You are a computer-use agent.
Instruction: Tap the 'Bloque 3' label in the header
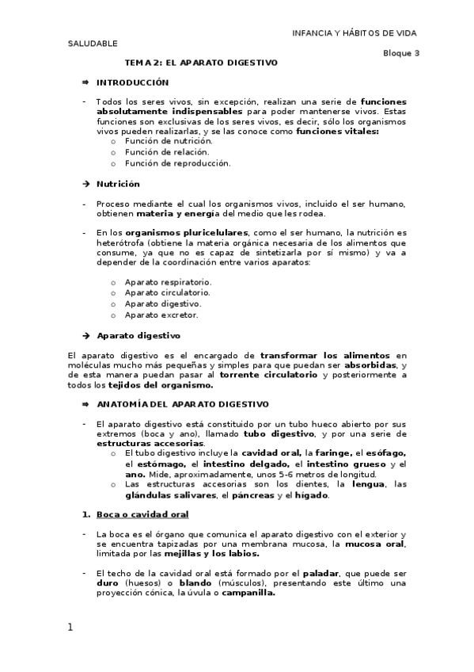(401, 52)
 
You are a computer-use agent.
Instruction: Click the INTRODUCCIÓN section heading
(132, 82)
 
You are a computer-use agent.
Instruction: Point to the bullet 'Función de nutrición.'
(163, 141)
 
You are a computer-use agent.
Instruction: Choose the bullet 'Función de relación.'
(161, 152)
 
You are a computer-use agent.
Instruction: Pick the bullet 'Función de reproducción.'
(170, 163)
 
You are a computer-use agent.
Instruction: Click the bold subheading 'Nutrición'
(118, 184)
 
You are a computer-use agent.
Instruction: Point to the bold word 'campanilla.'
(248, 592)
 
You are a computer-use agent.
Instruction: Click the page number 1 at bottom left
(70, 628)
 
